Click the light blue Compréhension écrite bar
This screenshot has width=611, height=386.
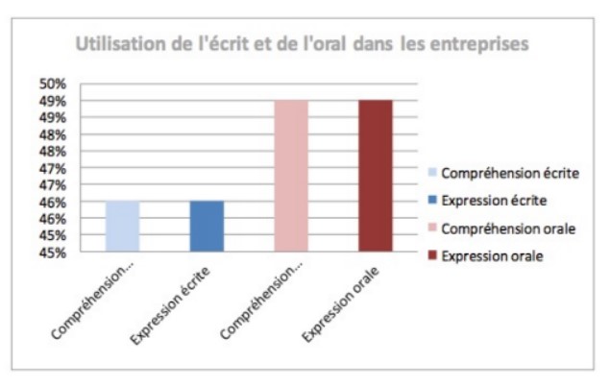pos(122,226)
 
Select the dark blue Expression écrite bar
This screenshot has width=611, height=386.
pos(207,226)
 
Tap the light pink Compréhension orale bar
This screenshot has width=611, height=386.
pos(291,176)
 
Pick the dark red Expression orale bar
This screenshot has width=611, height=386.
pos(376,176)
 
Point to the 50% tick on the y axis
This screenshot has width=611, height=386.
pos(53,84)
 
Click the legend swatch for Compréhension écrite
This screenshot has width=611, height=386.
pos(432,172)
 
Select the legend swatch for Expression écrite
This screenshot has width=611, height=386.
pos(432,200)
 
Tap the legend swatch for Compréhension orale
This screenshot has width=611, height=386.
pos(432,228)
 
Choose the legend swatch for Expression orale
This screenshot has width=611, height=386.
pos(432,255)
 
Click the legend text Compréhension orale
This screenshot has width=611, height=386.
pos(508,229)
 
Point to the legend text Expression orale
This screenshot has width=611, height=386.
pos(492,256)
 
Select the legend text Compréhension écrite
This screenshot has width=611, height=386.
pos(510,174)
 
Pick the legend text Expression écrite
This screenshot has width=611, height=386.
pos(494,201)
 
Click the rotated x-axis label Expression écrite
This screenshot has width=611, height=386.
pos(170,305)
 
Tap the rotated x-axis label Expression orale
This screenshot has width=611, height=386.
pos(340,304)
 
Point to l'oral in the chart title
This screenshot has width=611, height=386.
pos(325,43)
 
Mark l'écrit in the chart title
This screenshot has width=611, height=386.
pos(224,43)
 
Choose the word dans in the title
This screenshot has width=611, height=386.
pos(373,43)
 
